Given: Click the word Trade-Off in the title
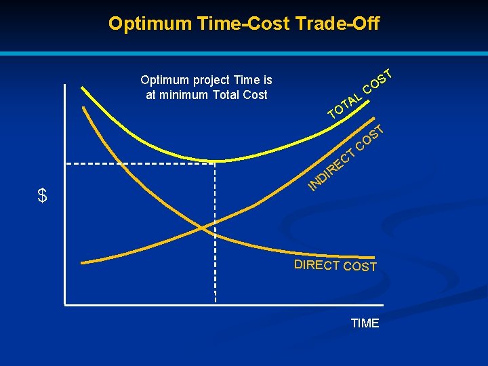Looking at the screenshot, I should (x=338, y=24).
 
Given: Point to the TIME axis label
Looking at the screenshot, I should (x=365, y=323).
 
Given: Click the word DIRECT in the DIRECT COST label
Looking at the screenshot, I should (x=317, y=264).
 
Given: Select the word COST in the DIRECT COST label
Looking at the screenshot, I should (x=360, y=266).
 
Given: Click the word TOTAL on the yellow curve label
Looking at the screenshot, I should (x=344, y=104).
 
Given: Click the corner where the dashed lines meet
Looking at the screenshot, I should (x=215, y=163).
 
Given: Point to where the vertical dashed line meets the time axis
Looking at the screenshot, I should (x=215, y=305).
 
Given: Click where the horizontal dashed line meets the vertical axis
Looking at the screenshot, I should (x=65, y=163).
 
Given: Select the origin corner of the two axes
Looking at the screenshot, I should (x=65, y=305).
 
